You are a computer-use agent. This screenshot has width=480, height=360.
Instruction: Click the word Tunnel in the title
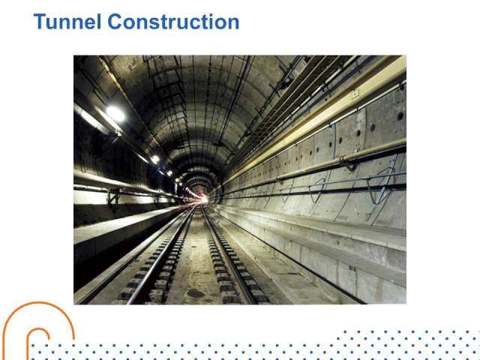67,22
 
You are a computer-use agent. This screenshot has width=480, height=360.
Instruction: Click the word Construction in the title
173,22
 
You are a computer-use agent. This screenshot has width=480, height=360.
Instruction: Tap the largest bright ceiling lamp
115,114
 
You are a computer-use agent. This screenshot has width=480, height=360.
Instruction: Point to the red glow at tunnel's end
202,199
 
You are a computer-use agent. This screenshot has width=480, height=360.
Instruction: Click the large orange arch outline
38,303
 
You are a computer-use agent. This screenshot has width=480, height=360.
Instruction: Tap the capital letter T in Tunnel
40,22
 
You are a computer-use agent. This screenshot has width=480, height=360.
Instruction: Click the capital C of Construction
115,22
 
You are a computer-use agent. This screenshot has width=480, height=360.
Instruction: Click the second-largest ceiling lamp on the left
155,159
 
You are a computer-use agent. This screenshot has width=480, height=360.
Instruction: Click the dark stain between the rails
196,293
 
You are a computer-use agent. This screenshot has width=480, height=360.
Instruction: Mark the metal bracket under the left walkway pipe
113,199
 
